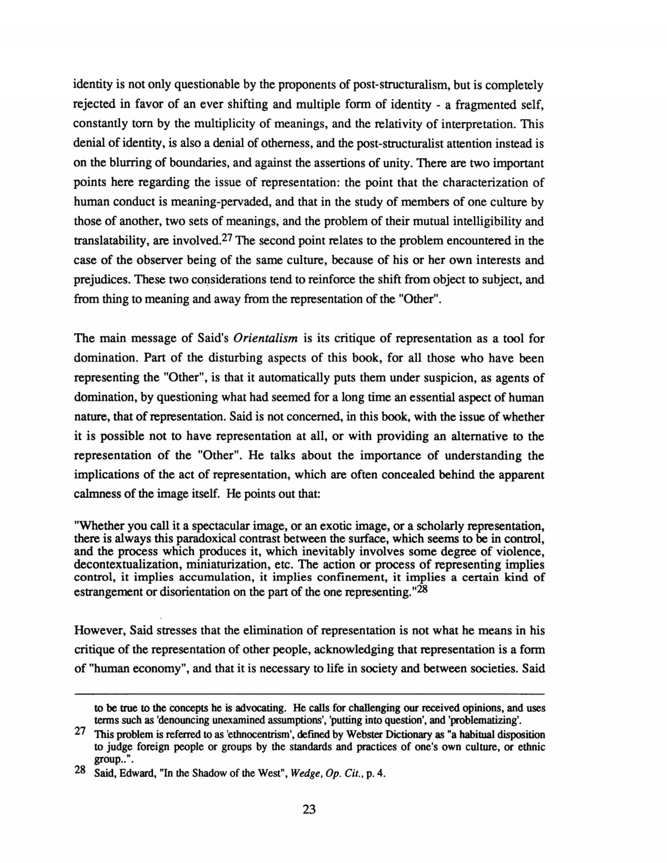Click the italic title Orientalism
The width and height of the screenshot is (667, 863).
tap(265, 338)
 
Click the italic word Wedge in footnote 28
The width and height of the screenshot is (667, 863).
tap(304, 774)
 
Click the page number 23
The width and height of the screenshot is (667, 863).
tap(309, 809)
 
